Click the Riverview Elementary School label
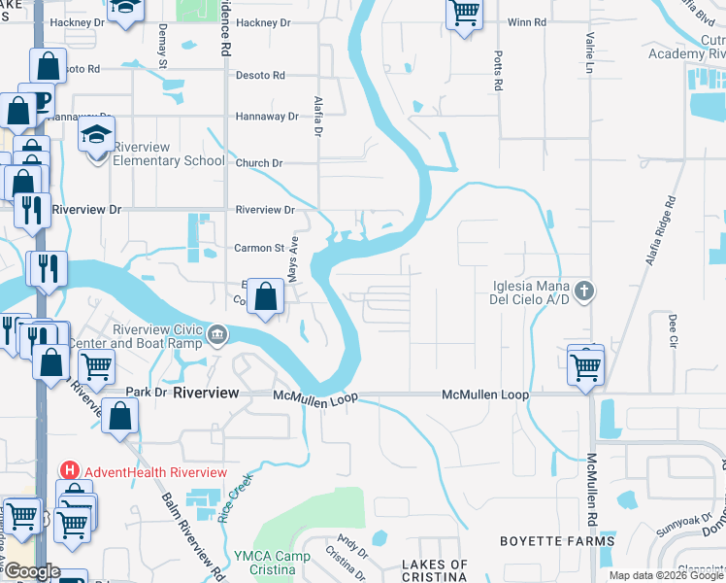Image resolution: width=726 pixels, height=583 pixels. pyautogui.click(x=169, y=154)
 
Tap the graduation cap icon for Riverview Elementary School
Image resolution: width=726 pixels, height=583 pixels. pyautogui.click(x=97, y=136)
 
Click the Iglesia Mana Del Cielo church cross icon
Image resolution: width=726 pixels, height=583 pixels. pyautogui.click(x=583, y=290)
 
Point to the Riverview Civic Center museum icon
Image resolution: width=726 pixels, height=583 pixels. pyautogui.click(x=217, y=337)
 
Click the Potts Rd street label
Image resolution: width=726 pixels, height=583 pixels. pyautogui.click(x=498, y=71)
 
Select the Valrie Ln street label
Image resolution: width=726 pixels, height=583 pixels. pyautogui.click(x=589, y=54)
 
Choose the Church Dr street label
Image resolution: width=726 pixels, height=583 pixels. pyautogui.click(x=258, y=163)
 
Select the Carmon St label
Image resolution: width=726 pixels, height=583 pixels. pyautogui.click(x=258, y=248)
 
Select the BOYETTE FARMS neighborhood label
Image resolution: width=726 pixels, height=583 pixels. pyautogui.click(x=556, y=541)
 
